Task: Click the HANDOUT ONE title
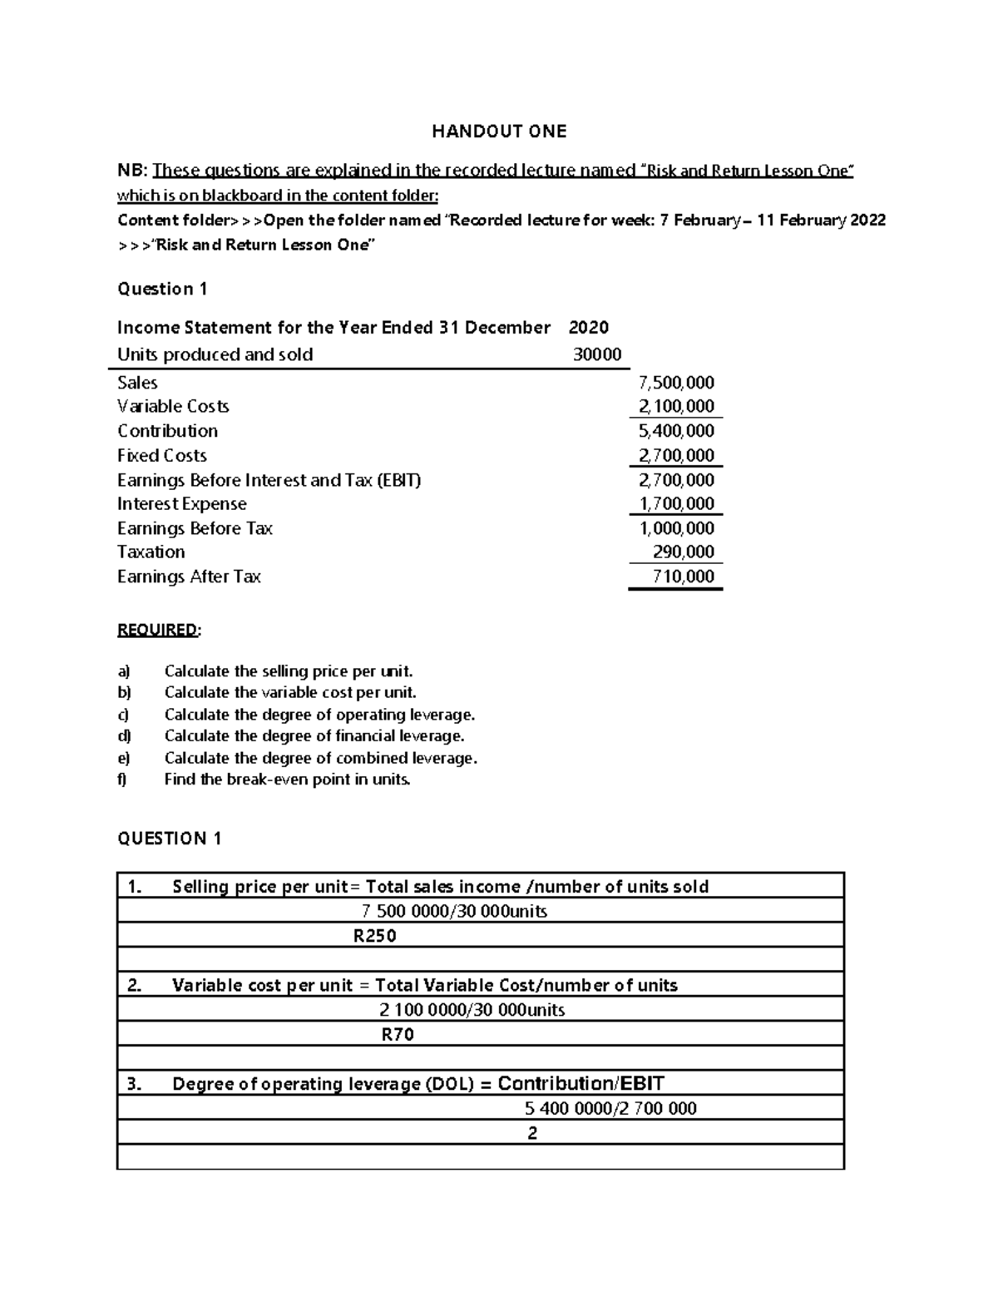click(499, 131)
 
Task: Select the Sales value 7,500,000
click(675, 383)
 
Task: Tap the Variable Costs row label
click(173, 407)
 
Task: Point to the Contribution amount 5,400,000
click(675, 431)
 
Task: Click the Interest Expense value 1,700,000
click(675, 504)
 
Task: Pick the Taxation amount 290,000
click(683, 552)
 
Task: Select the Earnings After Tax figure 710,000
click(683, 577)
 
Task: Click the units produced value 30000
click(597, 355)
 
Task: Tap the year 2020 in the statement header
click(588, 328)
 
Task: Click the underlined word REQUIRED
click(158, 630)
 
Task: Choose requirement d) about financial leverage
click(314, 736)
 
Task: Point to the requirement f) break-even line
click(287, 780)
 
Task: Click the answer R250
click(375, 936)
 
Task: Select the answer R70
click(398, 1035)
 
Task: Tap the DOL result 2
click(532, 1133)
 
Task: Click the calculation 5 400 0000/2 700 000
click(610, 1108)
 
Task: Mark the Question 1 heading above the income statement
click(162, 290)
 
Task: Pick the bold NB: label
click(132, 171)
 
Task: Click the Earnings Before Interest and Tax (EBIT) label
click(269, 480)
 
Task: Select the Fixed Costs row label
click(162, 456)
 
